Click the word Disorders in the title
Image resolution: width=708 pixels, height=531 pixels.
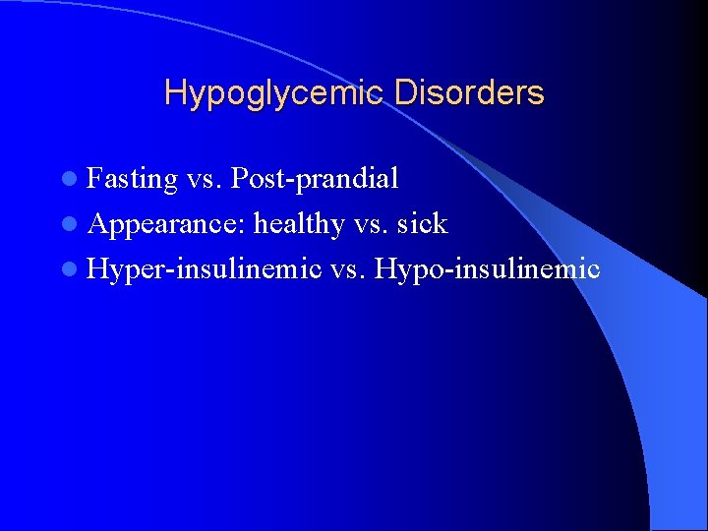coord(469,93)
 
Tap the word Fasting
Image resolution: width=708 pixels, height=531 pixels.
coord(132,179)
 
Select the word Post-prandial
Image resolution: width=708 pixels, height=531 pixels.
coord(315,179)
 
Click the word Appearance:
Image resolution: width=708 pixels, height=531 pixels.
coord(166,224)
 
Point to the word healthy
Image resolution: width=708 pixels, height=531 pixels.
coord(299,224)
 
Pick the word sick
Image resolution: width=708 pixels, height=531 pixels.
coord(423,224)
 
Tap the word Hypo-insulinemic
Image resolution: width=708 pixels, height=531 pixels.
coord(487,268)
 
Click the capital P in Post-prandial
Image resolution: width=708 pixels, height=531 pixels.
coord(238,178)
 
